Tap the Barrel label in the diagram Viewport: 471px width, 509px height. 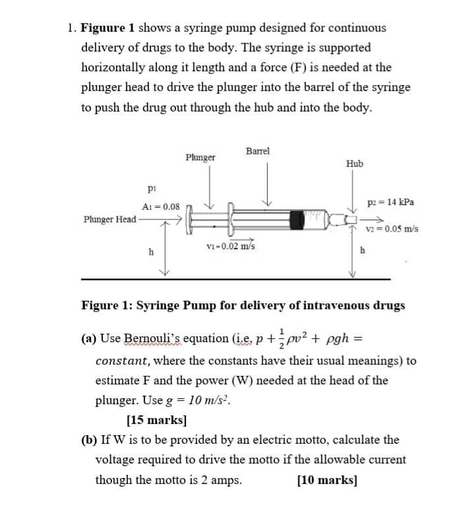tap(257, 152)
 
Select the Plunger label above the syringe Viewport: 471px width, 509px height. tap(201, 158)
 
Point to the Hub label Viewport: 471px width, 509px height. tap(354, 164)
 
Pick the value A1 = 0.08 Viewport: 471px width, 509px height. tap(161, 206)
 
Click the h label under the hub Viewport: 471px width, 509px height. tap(361, 250)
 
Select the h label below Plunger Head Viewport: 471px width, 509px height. tap(151, 251)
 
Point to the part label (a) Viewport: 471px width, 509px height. tap(88, 340)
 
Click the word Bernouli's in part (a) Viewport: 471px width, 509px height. tap(155, 340)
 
